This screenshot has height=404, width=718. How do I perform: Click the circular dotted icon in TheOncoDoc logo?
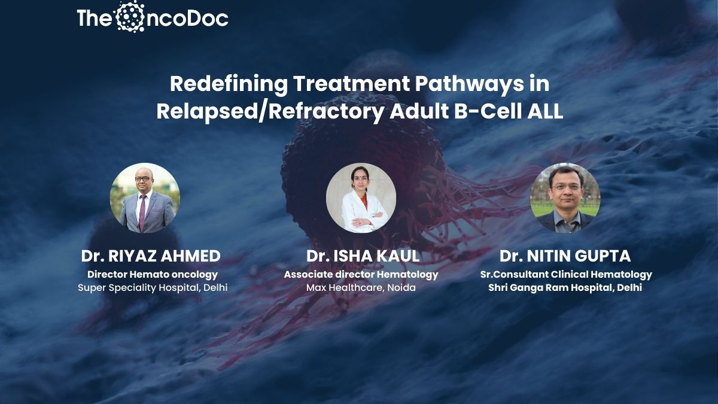coord(130,17)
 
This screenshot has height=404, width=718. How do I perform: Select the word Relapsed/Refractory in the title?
coord(270,112)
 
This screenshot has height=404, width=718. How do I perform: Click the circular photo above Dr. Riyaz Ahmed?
coord(145,198)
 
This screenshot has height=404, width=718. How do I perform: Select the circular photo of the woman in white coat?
coord(361,198)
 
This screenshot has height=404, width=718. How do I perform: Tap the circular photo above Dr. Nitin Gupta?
coord(565,198)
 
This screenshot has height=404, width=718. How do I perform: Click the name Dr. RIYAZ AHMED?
coord(151,256)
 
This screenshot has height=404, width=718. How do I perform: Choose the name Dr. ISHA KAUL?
coord(363,256)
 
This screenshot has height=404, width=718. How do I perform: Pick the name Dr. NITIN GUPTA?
coord(565,256)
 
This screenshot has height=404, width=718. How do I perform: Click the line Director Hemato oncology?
coord(153,275)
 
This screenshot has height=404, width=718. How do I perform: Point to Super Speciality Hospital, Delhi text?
coord(153,288)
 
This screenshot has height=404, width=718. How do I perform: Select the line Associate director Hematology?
coord(361,275)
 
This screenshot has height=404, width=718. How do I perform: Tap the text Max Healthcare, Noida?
coord(361,288)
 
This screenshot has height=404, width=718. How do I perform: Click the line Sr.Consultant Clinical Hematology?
coord(566,275)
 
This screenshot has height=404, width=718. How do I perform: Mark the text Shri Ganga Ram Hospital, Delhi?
coord(565,288)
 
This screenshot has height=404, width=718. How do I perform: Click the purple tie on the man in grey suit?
coord(142,212)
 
